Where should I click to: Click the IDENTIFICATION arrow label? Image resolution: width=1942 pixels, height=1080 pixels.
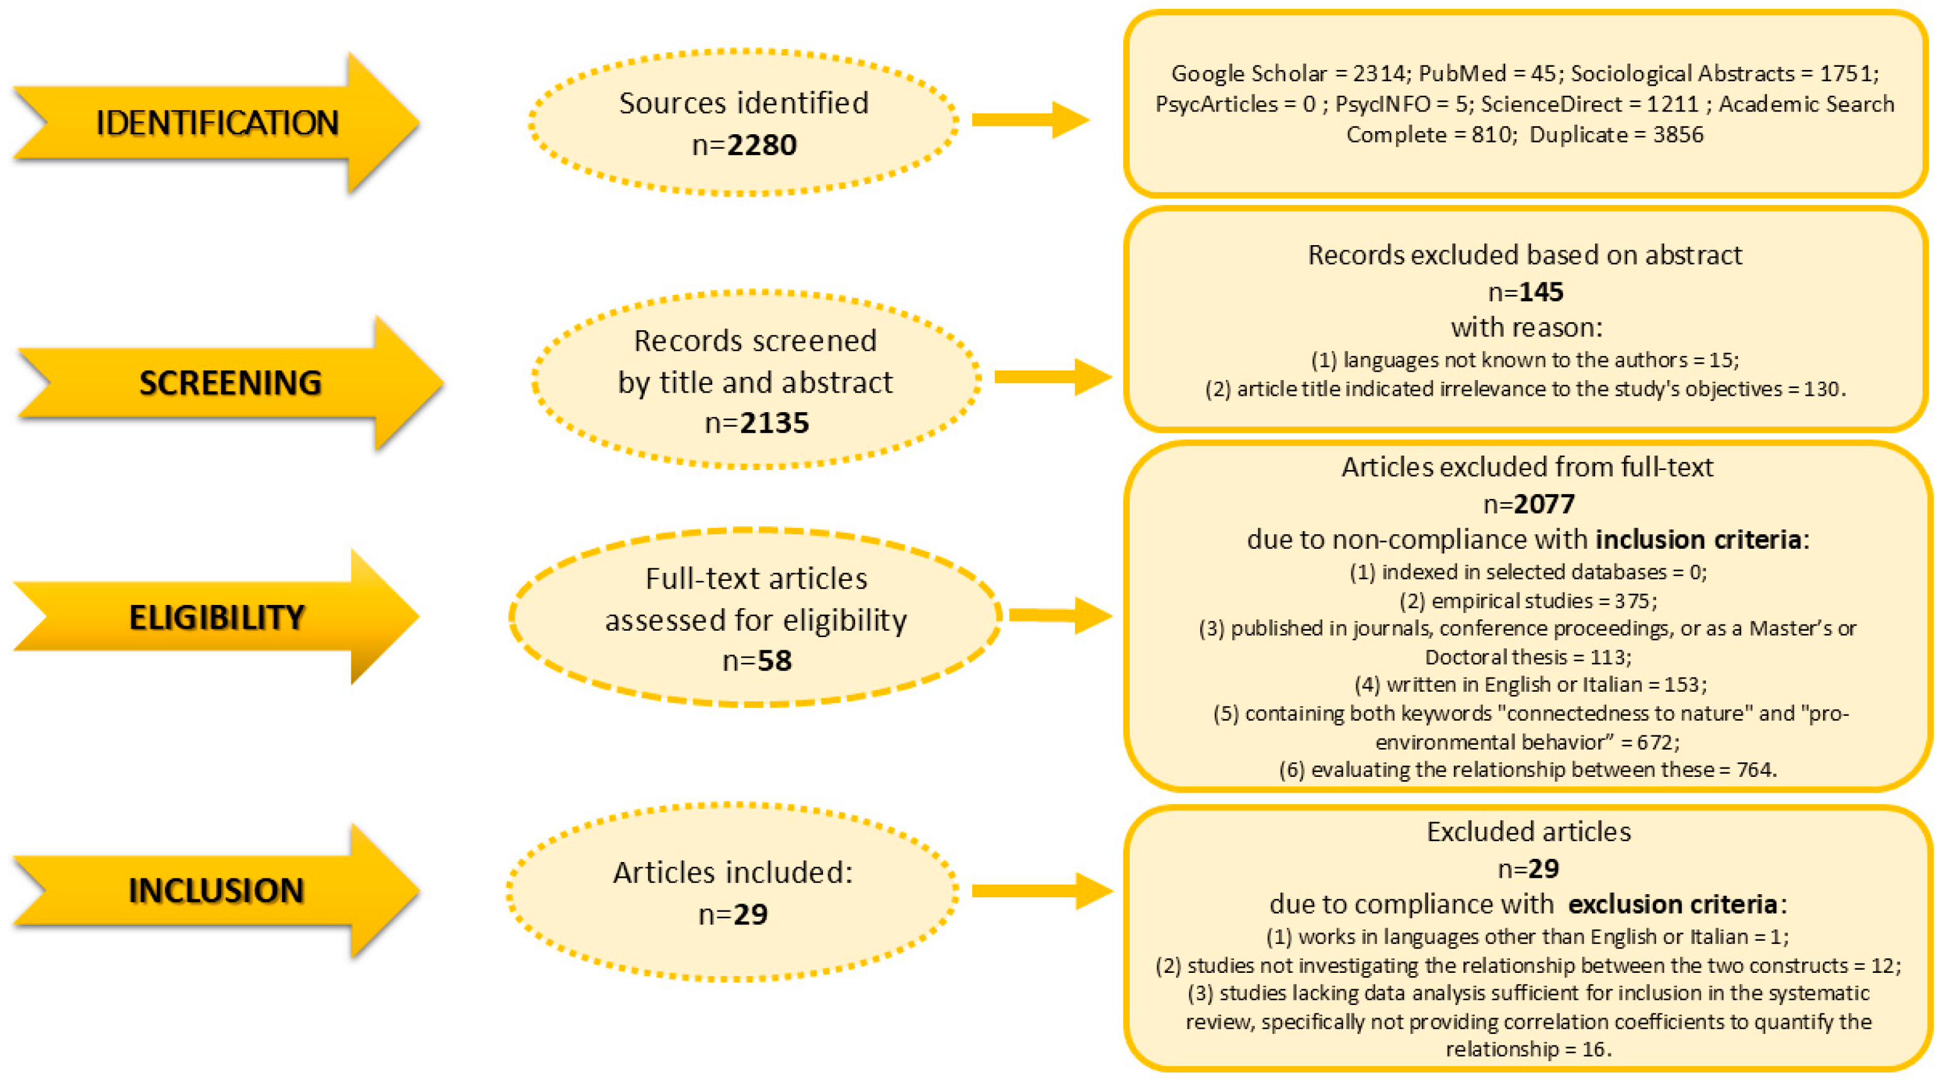pos(217,123)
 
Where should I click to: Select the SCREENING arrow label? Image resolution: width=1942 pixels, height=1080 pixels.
pos(230,382)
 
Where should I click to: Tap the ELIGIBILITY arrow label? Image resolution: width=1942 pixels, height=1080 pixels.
pos(217,617)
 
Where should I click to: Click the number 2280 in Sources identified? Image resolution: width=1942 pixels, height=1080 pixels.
pos(761,144)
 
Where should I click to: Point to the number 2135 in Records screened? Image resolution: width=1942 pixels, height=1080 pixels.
pos(775,422)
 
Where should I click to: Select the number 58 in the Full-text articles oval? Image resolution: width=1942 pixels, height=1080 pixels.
pos(775,660)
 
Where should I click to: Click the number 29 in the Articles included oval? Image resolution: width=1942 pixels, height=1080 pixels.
pos(750,914)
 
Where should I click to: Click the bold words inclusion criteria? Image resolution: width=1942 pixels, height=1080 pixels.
pos(1698,539)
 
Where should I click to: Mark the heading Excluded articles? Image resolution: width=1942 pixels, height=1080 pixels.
pos(1528,831)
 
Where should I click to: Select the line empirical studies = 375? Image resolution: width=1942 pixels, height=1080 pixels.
pos(1528,600)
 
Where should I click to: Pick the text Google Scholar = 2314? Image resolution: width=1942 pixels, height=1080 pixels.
pos(1288,73)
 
